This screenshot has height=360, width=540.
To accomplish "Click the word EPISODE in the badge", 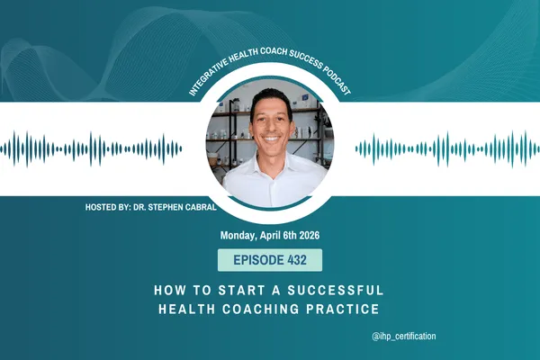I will click(252, 261).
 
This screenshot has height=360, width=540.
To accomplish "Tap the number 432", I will click(298, 261).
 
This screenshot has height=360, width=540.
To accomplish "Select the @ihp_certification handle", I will click(402, 336).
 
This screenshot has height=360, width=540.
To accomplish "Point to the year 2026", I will click(305, 237).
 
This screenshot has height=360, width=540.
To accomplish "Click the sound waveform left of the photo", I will click(94, 148).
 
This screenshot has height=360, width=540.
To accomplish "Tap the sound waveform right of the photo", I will click(446, 148).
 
